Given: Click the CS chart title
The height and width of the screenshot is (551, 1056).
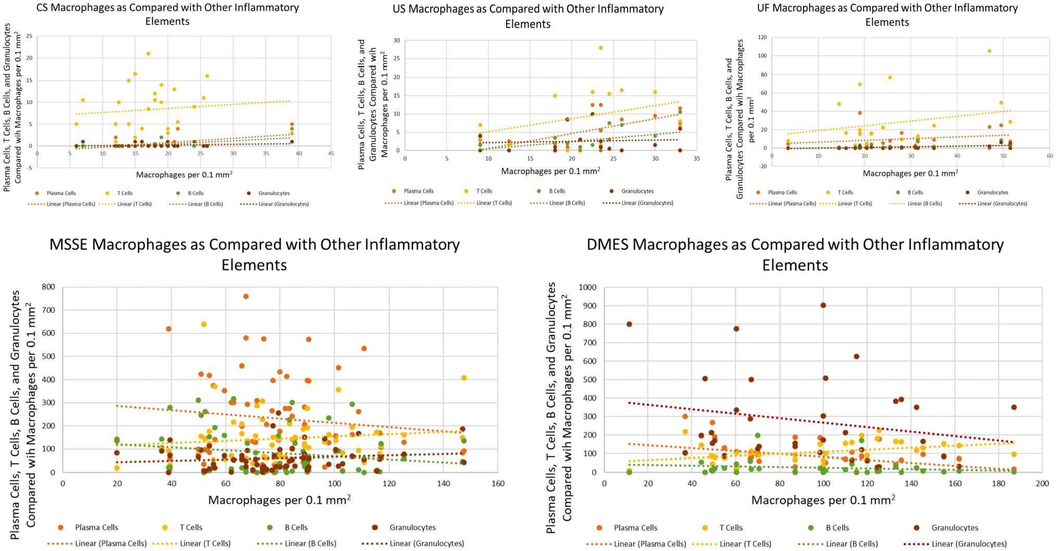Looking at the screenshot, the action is (168, 15).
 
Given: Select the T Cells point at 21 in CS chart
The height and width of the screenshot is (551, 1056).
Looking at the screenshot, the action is (148, 53).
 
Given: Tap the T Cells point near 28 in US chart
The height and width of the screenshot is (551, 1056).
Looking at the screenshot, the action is (600, 48).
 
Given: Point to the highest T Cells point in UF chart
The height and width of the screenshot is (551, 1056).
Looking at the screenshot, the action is (989, 51).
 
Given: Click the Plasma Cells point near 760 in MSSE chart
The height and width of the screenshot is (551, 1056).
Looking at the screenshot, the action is (246, 297).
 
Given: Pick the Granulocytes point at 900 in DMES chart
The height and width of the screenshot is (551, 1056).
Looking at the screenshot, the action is (823, 305).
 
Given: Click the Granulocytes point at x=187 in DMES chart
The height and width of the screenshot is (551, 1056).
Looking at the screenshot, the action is (1014, 407).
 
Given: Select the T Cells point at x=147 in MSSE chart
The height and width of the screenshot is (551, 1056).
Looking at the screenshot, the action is (463, 378).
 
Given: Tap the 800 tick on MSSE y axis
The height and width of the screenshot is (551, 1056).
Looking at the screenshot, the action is (48, 287).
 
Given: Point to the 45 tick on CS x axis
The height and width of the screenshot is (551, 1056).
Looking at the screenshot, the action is (331, 153).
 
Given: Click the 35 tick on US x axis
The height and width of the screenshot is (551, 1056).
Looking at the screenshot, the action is (697, 158).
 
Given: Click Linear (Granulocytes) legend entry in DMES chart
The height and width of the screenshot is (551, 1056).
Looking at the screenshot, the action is (955, 544).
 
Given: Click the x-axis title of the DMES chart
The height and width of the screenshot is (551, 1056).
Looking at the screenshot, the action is (823, 500).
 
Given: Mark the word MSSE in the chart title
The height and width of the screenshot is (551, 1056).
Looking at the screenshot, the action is (72, 245).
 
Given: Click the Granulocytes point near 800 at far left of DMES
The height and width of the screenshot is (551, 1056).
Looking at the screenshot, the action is (629, 324).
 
